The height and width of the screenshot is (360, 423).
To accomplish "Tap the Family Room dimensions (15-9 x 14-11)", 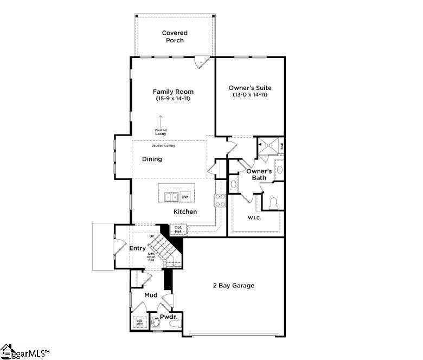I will [x=173, y=99].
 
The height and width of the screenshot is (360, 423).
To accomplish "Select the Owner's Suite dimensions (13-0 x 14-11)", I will [x=250, y=95].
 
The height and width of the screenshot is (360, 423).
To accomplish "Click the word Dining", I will [x=152, y=159].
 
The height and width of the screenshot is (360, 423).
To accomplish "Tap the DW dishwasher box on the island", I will [x=185, y=197].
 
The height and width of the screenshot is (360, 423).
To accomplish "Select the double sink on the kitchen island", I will [x=170, y=197].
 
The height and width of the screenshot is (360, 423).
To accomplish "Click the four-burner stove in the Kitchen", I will [x=220, y=200].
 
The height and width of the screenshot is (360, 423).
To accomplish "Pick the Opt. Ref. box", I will [x=178, y=229].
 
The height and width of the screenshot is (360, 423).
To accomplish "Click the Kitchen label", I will [x=185, y=211].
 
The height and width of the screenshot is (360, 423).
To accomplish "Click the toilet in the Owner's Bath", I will [x=273, y=203].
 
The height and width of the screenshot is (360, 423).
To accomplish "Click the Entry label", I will [x=138, y=248].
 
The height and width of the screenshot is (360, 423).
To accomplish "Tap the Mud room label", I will [x=151, y=295].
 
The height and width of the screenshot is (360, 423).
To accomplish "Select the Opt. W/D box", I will [x=139, y=322].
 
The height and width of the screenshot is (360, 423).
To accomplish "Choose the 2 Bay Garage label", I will [x=234, y=285].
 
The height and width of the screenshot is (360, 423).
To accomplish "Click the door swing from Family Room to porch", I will [x=202, y=62].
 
